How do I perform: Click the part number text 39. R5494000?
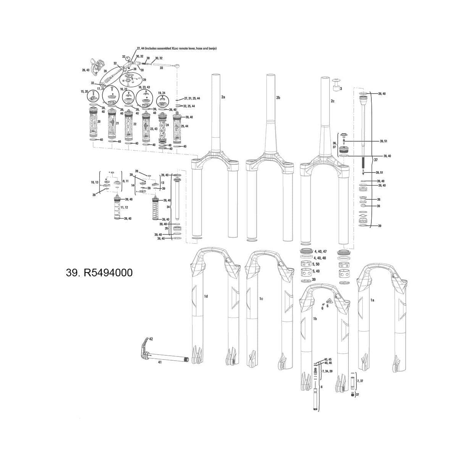pyautogui.click(x=100, y=273)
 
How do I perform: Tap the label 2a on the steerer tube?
pyautogui.click(x=223, y=97)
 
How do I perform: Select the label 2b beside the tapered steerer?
pyautogui.click(x=278, y=98)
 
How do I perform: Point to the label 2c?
pyautogui.click(x=332, y=101)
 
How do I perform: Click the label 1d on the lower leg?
pyautogui.click(x=206, y=296)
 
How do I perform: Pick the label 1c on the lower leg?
pyautogui.click(x=261, y=298)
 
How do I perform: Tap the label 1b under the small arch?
pyautogui.click(x=315, y=318)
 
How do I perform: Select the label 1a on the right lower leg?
pyautogui.click(x=373, y=300)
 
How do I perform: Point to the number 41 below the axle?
pyautogui.click(x=160, y=362)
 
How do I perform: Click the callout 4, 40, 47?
pyautogui.click(x=320, y=252)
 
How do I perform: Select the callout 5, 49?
pyautogui.click(x=316, y=271)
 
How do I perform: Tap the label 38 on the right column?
pyautogui.click(x=378, y=200)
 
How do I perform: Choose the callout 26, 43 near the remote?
pyautogui.click(x=85, y=70)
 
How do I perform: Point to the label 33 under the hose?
pyautogui.click(x=161, y=68)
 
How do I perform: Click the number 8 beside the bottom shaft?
pyautogui.click(x=322, y=387)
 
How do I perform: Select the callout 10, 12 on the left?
pyautogui.click(x=94, y=183)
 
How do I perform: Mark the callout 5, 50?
pyautogui.click(x=316, y=264)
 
